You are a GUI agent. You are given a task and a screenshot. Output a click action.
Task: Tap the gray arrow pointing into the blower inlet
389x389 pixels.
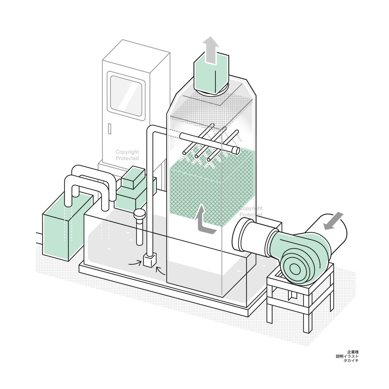click(x=333, y=221)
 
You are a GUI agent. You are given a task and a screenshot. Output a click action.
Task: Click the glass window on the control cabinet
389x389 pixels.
click(x=126, y=96)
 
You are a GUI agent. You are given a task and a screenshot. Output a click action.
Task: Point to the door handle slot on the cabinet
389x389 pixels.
click(x=110, y=129)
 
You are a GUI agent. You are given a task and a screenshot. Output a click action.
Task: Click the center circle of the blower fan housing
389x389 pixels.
click(x=295, y=268)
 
